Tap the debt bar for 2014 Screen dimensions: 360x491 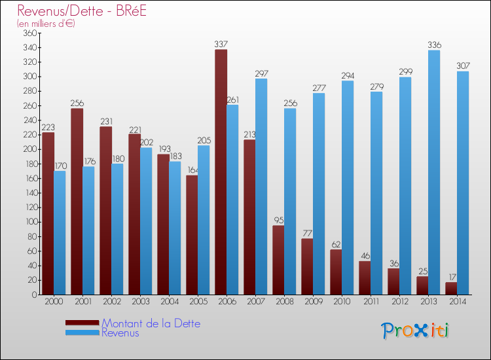[451, 288]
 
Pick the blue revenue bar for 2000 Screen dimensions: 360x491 [60, 232]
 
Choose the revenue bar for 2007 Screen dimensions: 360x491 [261, 187]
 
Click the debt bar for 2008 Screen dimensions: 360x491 [278, 260]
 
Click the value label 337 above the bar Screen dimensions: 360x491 [221, 45]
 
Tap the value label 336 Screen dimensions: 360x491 [434, 45]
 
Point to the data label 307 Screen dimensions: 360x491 [463, 66]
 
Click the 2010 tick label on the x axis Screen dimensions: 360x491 [342, 302]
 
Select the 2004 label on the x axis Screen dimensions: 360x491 [169, 302]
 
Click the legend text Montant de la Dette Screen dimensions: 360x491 [151, 323]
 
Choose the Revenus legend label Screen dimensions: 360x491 [120, 333]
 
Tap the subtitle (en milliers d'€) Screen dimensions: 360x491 [46, 24]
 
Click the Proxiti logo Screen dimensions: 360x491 [416, 331]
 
